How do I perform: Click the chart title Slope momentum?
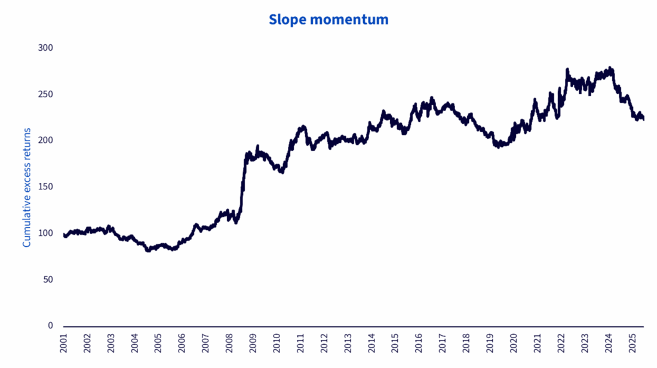[328, 20]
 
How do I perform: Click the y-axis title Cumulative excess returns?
[27, 186]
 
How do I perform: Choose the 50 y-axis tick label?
[47, 280]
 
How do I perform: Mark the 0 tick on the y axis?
[50, 326]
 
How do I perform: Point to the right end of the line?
[643, 119]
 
